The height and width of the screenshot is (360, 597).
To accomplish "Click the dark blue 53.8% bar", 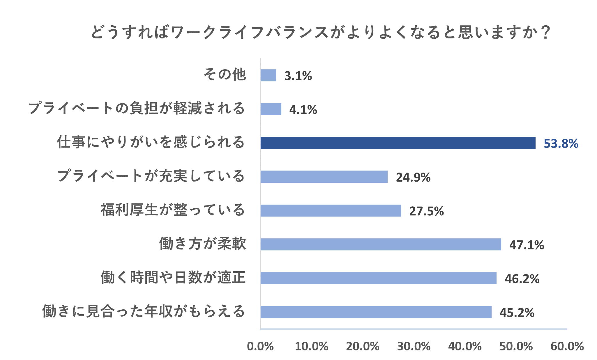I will [398, 143].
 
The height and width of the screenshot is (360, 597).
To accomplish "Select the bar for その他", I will [268, 75].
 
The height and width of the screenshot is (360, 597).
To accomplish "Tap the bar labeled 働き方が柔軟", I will [381, 244].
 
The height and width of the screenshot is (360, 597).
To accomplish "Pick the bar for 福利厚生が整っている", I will [331, 211].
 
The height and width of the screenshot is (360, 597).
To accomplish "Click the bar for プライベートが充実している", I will [324, 177].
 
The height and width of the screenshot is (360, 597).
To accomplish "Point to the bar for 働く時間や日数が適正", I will [378, 278].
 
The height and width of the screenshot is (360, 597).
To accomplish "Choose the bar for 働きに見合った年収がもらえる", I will [376, 312].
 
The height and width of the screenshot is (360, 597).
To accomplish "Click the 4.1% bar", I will [271, 109].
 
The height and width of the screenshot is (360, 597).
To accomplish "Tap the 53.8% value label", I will [561, 143].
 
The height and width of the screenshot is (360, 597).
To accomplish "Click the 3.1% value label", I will [298, 76].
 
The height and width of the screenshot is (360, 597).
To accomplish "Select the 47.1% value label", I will [527, 245].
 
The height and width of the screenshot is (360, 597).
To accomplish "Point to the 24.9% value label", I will [413, 177].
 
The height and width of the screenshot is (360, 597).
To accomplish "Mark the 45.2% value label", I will [517, 313].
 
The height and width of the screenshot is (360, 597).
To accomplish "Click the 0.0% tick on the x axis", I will [260, 346].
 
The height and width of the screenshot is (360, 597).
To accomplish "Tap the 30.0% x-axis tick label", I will [414, 346].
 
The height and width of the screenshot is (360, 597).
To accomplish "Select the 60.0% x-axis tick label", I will [567, 346].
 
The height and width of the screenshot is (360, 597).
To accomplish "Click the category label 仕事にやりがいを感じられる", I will [151, 142].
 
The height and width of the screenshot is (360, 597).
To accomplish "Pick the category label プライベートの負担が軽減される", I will [136, 108].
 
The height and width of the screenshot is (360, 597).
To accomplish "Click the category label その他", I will [225, 75].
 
